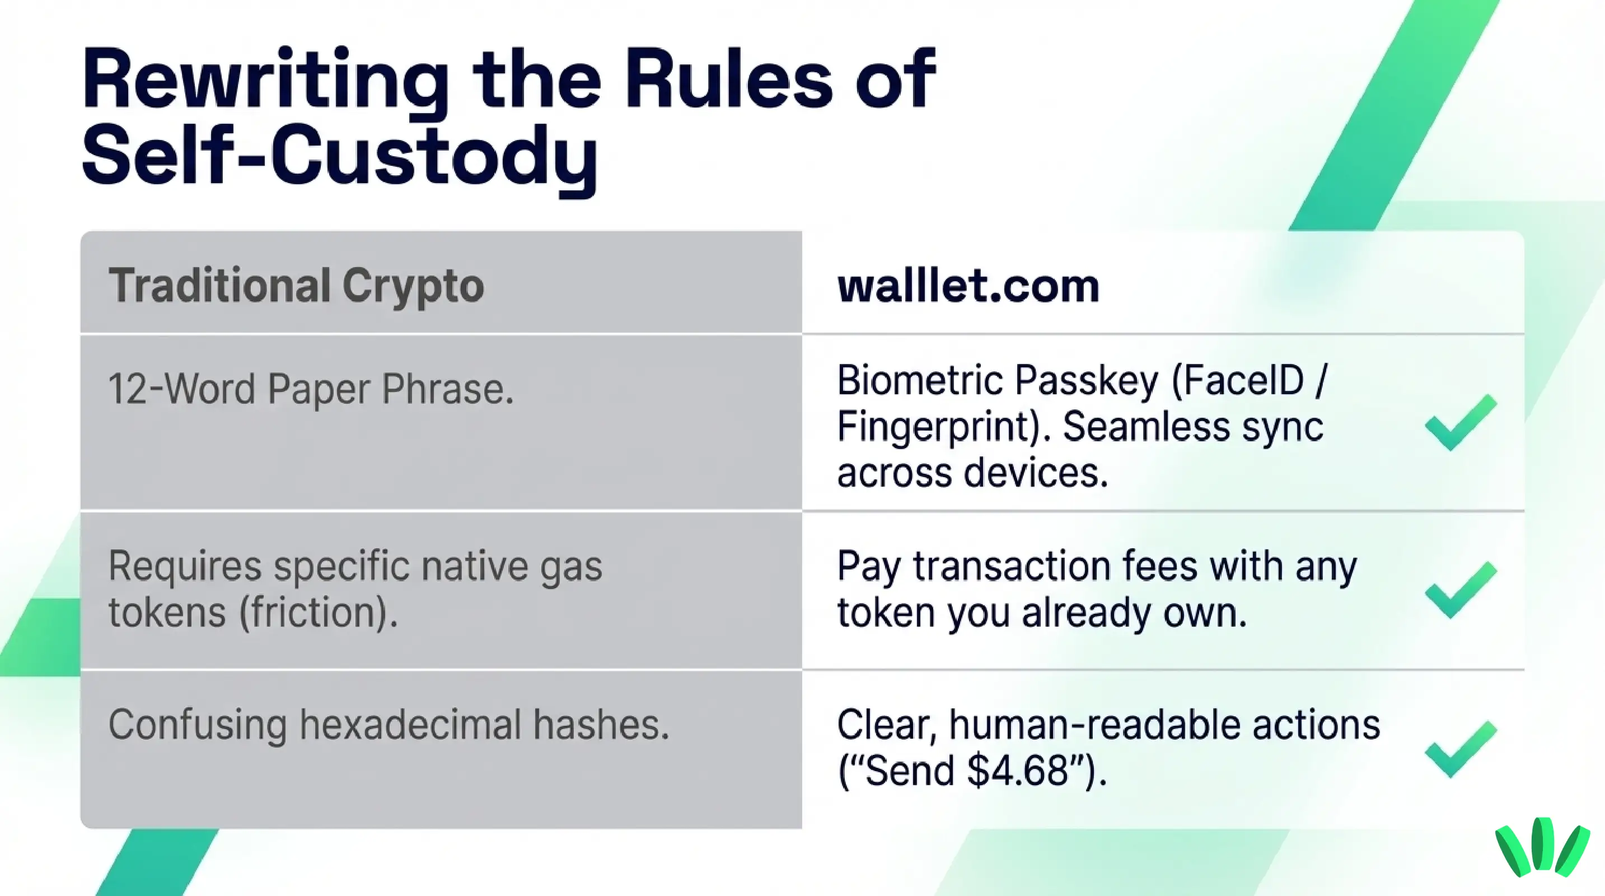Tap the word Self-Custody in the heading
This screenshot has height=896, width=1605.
pos(340,156)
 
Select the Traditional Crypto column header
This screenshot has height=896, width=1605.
pos(296,286)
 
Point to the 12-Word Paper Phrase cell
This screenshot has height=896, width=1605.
pos(311,389)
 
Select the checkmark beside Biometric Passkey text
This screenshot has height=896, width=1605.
pos(1461,422)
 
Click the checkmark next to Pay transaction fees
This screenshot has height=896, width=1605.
pos(1461,590)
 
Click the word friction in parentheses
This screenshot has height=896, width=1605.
pos(318,613)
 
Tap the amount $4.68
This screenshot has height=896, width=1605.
pos(1017,771)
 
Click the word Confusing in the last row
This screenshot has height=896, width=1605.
pos(197,725)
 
